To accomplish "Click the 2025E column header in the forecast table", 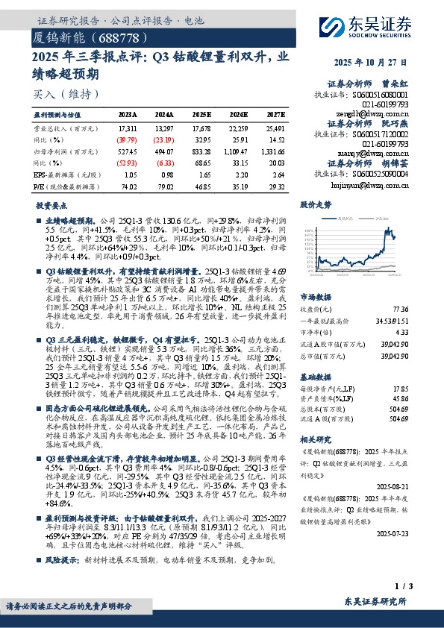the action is pos(201,115).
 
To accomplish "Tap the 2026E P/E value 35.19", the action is pos(238,184).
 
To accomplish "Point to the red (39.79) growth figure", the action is pos(127,139).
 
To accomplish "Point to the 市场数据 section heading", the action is pos(316,295).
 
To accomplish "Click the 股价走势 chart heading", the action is pos(316,204).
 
